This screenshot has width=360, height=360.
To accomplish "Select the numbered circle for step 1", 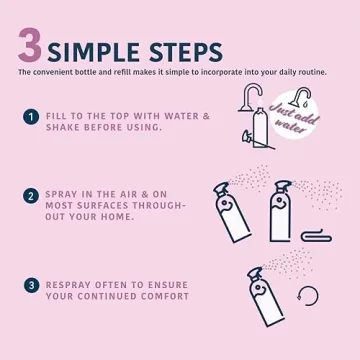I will point(31,117).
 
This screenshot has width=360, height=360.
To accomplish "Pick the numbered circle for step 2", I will point(31,196).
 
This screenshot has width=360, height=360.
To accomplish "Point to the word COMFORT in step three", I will point(160,296).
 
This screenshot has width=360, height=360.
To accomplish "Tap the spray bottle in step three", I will point(265,297).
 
